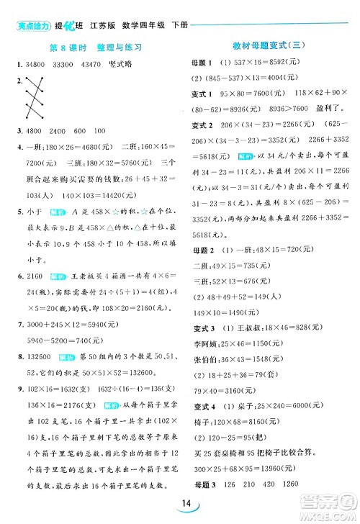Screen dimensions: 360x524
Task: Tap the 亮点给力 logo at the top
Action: pyautogui.click(x=32, y=27)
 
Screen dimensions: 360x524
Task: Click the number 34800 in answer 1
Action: pyautogui.click(x=34, y=66)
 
